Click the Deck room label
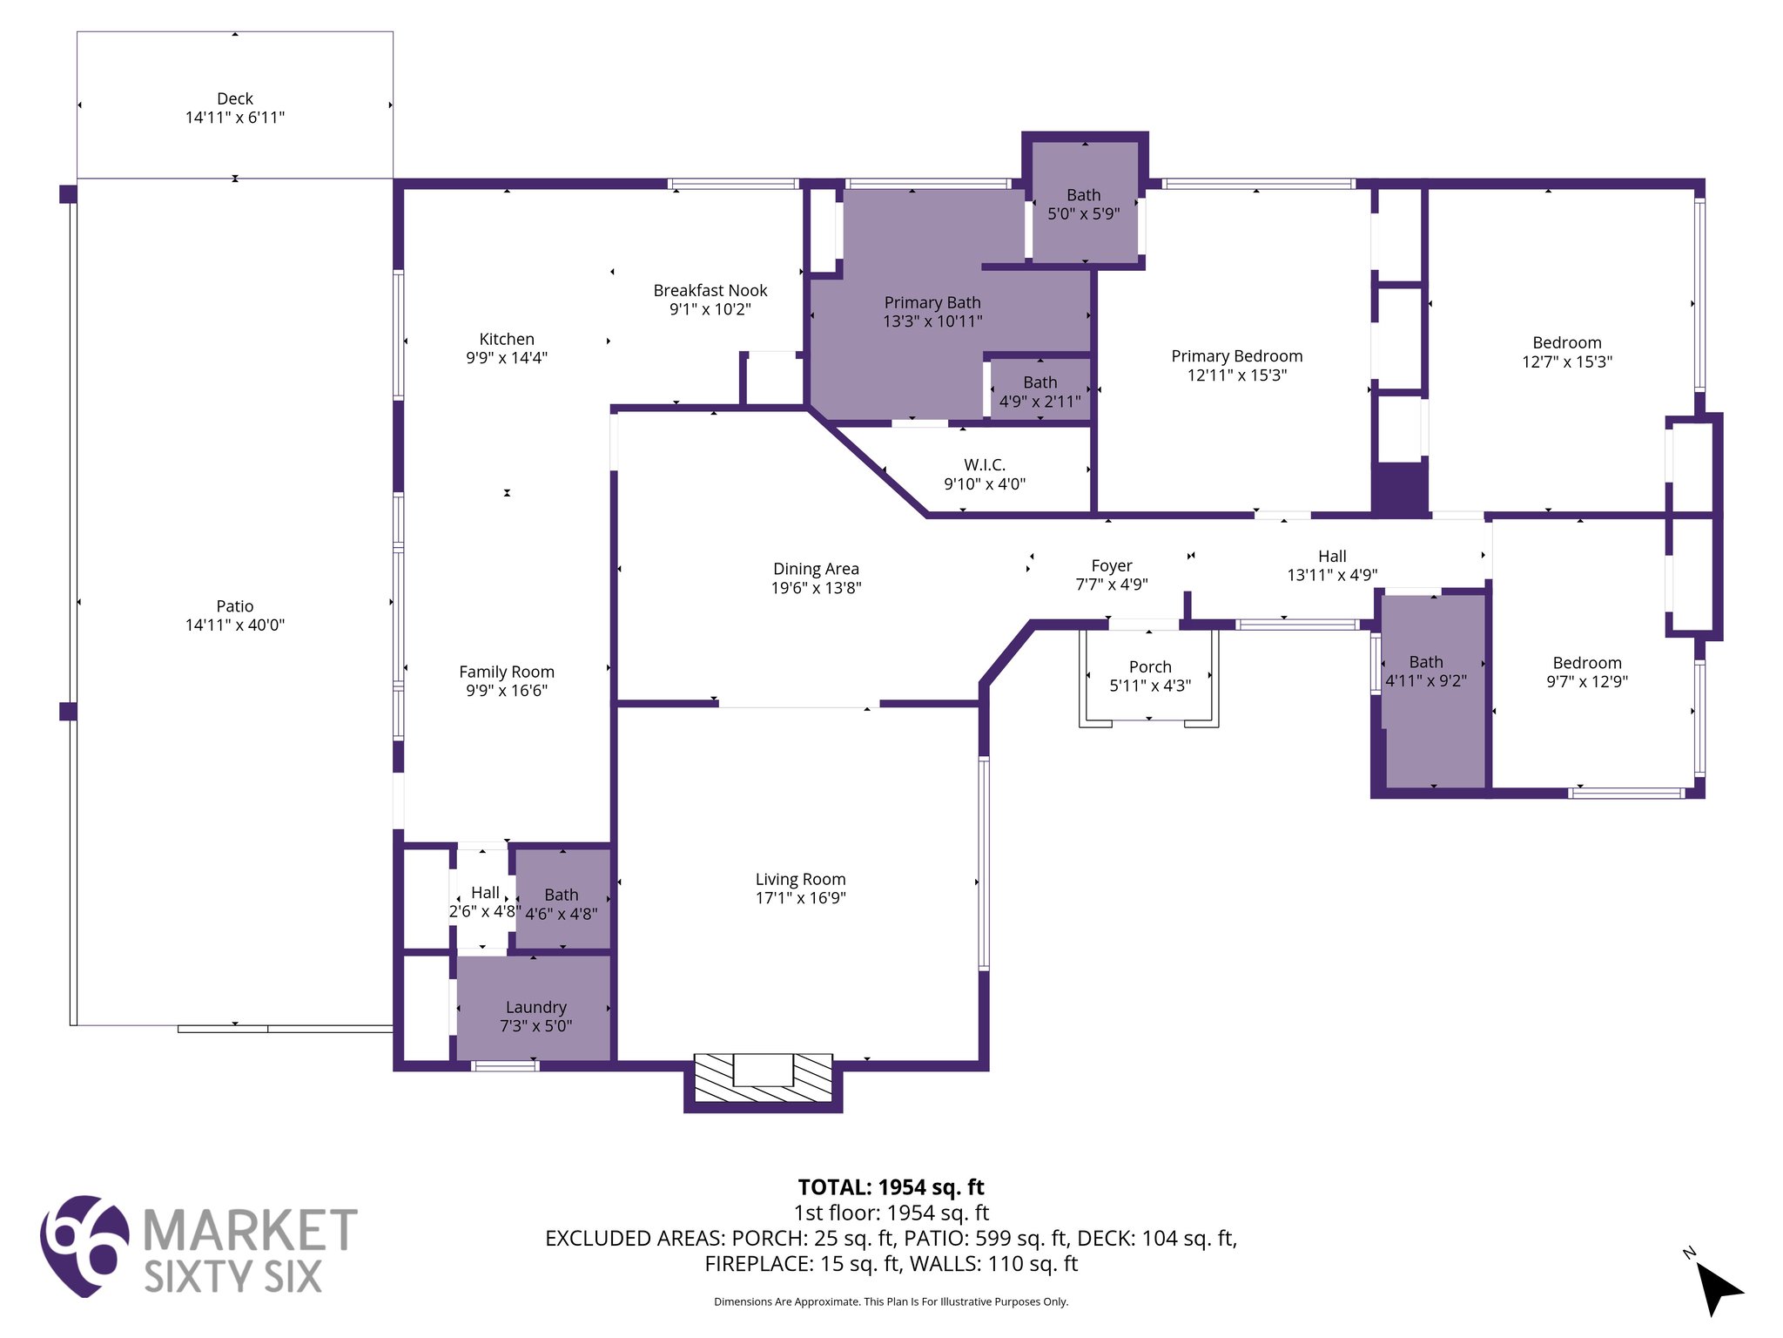click(x=235, y=98)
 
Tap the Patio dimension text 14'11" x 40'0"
click(x=235, y=625)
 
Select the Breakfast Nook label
click(x=710, y=290)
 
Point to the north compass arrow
click(x=1719, y=1289)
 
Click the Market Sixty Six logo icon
click(x=84, y=1246)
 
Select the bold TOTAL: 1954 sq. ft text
click(x=891, y=1187)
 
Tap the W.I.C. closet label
click(x=985, y=465)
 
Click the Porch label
click(x=1150, y=666)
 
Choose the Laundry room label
click(x=535, y=1007)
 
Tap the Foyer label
click(x=1112, y=565)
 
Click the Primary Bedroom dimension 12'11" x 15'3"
click(x=1237, y=375)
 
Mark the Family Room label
click(x=507, y=672)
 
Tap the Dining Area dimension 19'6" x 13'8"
click(x=816, y=588)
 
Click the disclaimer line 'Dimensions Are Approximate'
click(x=891, y=1301)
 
